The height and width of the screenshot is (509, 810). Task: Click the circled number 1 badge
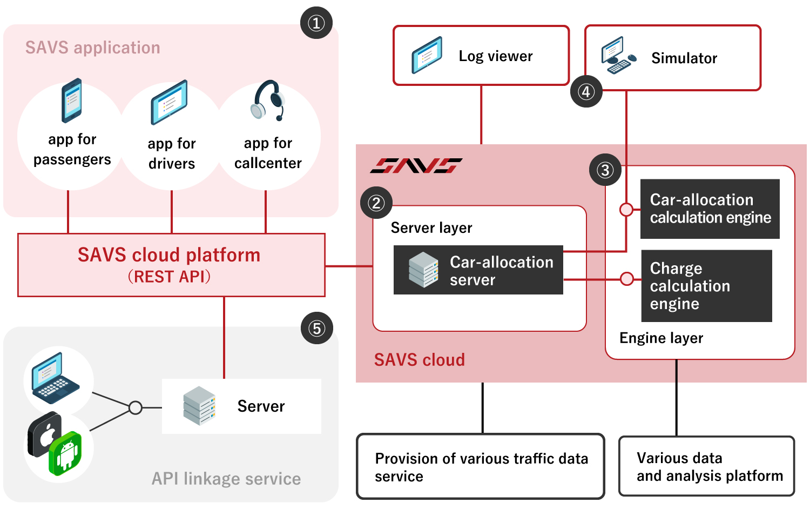coord(316,23)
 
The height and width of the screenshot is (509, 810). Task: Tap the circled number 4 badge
coord(586,91)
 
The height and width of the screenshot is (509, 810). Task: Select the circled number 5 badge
coord(316,328)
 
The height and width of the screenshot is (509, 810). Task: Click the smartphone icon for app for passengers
coord(71,101)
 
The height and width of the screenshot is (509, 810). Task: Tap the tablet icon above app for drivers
coord(169,102)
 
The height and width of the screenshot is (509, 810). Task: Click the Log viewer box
coord(481,56)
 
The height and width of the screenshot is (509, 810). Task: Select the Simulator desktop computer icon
coord(618,55)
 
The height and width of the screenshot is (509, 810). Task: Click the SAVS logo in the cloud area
coord(416,165)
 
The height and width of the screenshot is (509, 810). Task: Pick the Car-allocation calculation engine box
coord(710,209)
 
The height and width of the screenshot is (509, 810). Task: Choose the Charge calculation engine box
coord(706,286)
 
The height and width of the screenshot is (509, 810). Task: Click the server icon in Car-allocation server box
coord(423,270)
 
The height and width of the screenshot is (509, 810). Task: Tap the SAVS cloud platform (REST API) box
coord(171,265)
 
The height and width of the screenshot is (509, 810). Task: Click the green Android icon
coord(66,453)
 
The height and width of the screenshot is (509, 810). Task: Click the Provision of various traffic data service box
coord(481,466)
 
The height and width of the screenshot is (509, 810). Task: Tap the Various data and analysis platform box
coord(706,466)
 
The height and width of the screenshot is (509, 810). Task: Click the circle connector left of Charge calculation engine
coord(626,279)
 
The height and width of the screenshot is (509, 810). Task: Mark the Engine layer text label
coord(661,338)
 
